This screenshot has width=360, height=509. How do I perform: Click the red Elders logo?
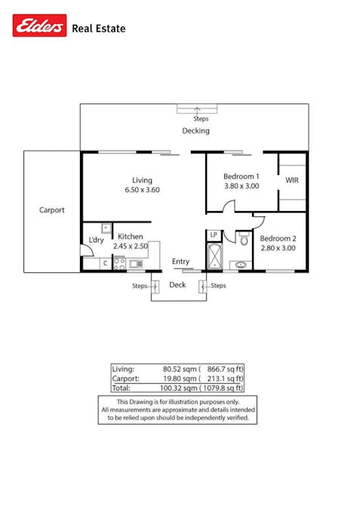pos(40,26)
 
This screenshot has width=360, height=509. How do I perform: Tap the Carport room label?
pos(52,210)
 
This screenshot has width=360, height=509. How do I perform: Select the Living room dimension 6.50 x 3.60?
pos(143,190)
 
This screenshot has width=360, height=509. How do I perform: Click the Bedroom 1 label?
pos(242,176)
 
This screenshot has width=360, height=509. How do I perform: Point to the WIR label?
pos(292,180)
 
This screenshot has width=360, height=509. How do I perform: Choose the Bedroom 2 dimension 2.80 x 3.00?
pos(278,248)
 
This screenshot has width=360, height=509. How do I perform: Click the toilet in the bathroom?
pos(244,239)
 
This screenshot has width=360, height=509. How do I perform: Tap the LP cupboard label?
pos(214,235)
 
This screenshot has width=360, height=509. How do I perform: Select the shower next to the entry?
pos(215,256)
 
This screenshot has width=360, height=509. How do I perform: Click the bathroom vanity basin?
pos(241,265)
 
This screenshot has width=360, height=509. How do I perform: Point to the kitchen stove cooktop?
pos(119,264)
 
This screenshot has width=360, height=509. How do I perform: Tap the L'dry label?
pos(96,240)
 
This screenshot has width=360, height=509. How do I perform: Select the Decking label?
pos(196,130)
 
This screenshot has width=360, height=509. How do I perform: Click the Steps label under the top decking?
pos(201,119)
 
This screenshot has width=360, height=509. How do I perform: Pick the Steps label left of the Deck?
pos(140,286)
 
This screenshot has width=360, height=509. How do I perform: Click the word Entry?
pos(180,262)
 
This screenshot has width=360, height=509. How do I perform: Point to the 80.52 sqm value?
pos(180,369)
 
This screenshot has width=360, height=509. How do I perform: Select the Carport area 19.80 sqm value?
pos(180,379)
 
